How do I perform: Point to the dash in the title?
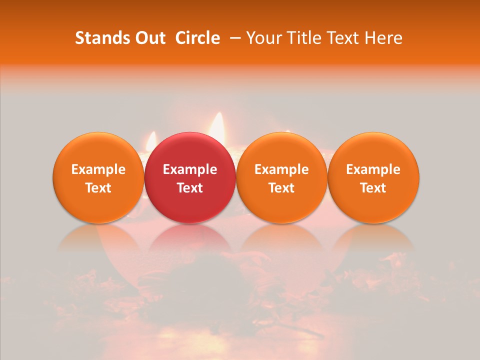coord(233,38)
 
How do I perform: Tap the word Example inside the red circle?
coord(190,169)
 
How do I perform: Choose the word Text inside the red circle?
coord(190,188)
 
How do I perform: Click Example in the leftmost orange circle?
coord(98,169)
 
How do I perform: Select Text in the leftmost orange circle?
coord(98,188)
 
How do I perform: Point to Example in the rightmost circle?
coord(373,169)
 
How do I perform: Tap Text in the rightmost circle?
coord(373,188)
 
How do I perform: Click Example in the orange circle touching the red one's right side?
coord(281,169)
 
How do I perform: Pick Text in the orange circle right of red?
coord(281,188)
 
